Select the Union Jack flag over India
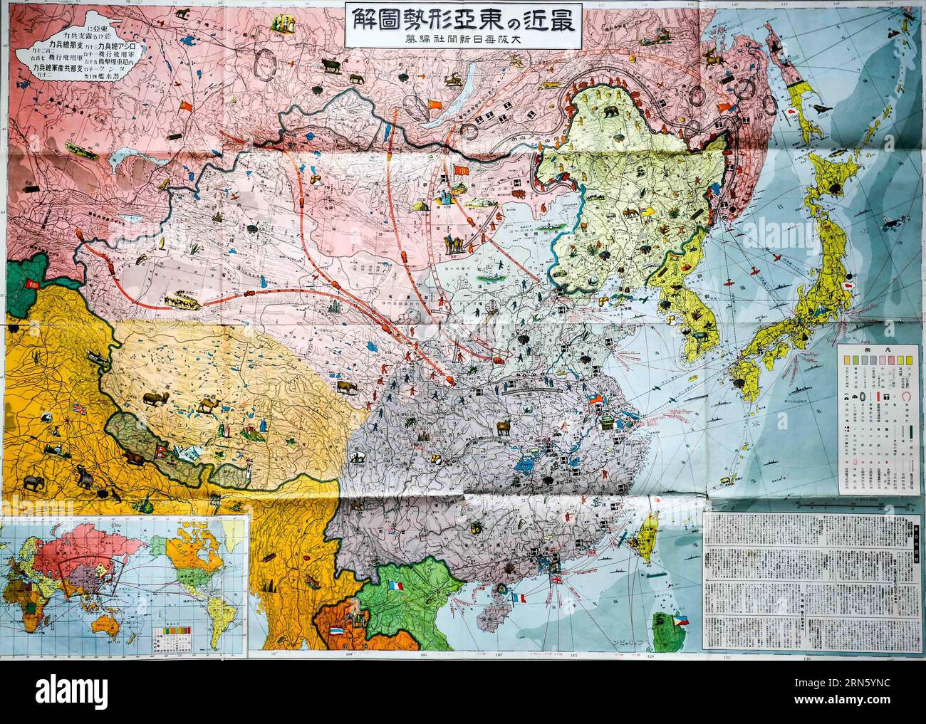(78, 409)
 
